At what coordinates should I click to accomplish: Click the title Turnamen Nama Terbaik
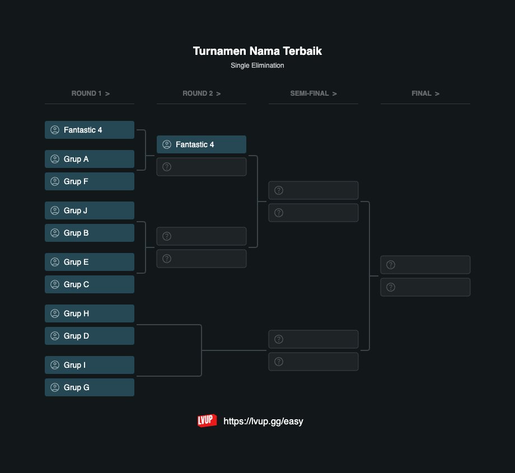click(257, 51)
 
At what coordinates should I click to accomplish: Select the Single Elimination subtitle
click(257, 65)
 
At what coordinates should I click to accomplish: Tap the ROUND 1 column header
click(90, 93)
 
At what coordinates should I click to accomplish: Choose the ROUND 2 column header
click(202, 93)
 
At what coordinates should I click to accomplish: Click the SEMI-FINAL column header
click(313, 93)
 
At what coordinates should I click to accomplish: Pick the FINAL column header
click(425, 93)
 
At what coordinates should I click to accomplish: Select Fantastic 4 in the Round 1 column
click(90, 130)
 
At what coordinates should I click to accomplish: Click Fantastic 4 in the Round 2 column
click(202, 144)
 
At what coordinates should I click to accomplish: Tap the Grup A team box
click(90, 159)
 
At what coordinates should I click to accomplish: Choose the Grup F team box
click(90, 181)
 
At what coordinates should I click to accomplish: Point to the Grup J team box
click(90, 210)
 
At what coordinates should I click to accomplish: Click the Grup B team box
click(90, 233)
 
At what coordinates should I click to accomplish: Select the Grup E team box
click(90, 262)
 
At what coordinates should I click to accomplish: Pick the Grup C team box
click(90, 284)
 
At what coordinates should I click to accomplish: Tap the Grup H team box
click(90, 313)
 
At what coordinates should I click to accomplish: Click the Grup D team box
click(90, 336)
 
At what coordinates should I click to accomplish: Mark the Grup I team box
click(90, 365)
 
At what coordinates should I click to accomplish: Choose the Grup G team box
click(90, 387)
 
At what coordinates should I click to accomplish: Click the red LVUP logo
click(207, 421)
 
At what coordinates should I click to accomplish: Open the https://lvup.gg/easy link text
click(263, 422)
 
